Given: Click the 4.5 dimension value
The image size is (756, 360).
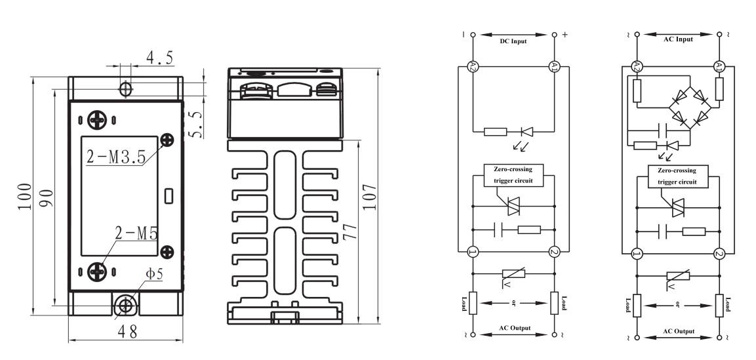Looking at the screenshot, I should pos(159,58).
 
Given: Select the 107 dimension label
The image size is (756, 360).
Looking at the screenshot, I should pos(370,197).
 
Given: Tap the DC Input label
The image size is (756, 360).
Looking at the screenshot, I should pos(513,41).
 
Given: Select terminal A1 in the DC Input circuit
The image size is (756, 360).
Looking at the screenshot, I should pos(554,66).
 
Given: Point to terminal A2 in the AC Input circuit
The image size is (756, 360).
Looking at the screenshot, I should pos(635,66).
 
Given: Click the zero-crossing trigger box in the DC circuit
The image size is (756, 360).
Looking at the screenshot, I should pos(513,175).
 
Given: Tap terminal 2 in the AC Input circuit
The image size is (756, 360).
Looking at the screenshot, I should pos(719,254).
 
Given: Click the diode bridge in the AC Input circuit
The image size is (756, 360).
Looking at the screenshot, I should pos(688,108).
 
